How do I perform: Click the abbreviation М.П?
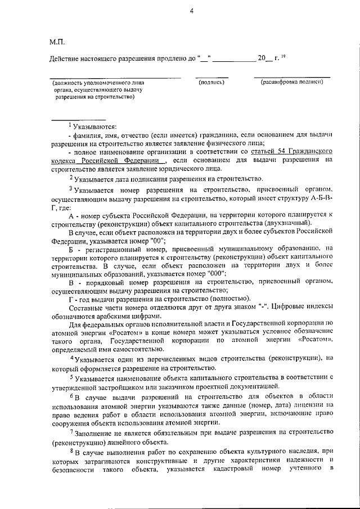[x=57, y=41]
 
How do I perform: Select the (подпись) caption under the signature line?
[x=211, y=83]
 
